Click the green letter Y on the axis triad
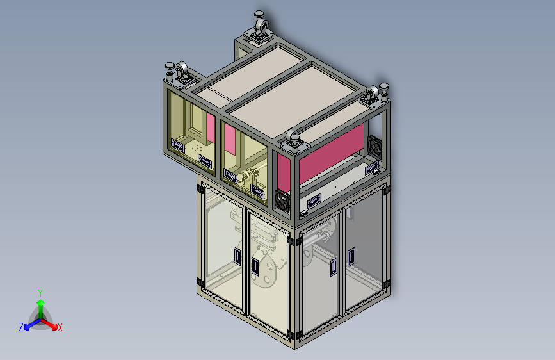(x=40, y=293)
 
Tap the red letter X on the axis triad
(x=60, y=328)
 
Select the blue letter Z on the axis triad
(x=21, y=327)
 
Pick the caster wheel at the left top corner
(x=182, y=71)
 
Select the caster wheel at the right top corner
(x=372, y=94)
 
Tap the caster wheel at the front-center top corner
(x=293, y=137)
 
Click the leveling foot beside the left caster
(x=170, y=70)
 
